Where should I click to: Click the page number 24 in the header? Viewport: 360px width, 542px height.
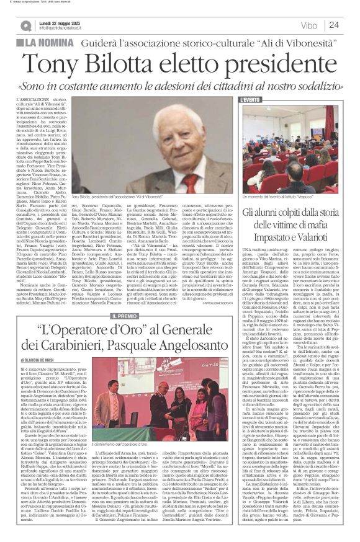tap(334, 25)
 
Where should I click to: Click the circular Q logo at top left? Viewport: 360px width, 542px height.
tap(25, 26)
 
